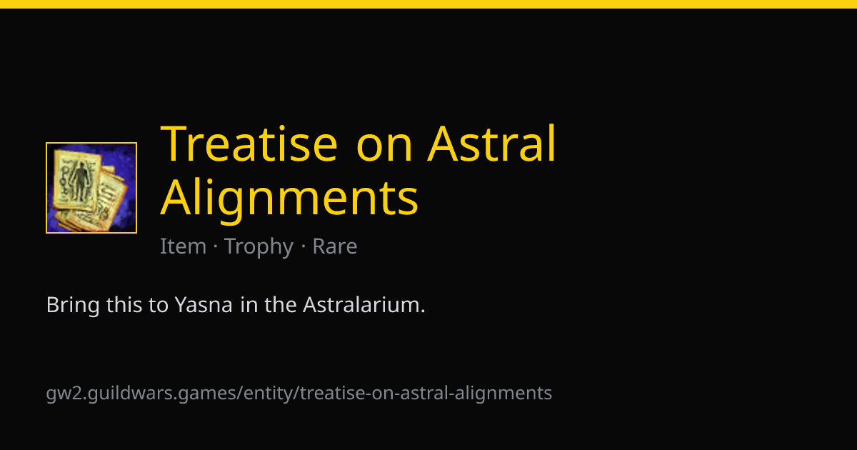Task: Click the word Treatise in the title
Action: (x=249, y=144)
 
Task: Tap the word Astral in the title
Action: (x=491, y=143)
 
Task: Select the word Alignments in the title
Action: (x=289, y=199)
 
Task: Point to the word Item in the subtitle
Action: (x=183, y=246)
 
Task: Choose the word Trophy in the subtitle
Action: (x=259, y=248)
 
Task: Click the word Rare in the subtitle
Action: (x=335, y=246)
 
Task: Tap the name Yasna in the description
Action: (x=204, y=305)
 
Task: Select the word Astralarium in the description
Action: (x=364, y=305)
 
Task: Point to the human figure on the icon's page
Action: (x=80, y=181)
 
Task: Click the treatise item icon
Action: (x=91, y=187)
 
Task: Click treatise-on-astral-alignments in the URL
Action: (x=426, y=394)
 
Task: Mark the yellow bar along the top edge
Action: (x=428, y=4)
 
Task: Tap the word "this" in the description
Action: (x=124, y=305)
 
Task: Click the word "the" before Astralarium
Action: (x=281, y=305)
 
